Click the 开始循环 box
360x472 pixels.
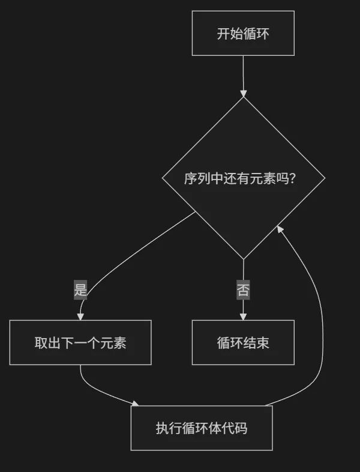243,33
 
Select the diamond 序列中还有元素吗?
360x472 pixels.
243,178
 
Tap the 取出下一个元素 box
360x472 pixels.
80,342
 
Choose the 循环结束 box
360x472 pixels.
243,342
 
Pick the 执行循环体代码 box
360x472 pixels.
202,428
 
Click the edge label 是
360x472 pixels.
80,290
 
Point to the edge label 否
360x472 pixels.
243,290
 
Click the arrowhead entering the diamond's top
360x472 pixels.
243,93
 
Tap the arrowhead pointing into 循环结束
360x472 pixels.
243,316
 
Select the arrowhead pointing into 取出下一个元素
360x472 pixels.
80,316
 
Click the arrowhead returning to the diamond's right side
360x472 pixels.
280,229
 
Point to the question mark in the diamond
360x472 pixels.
292,178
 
